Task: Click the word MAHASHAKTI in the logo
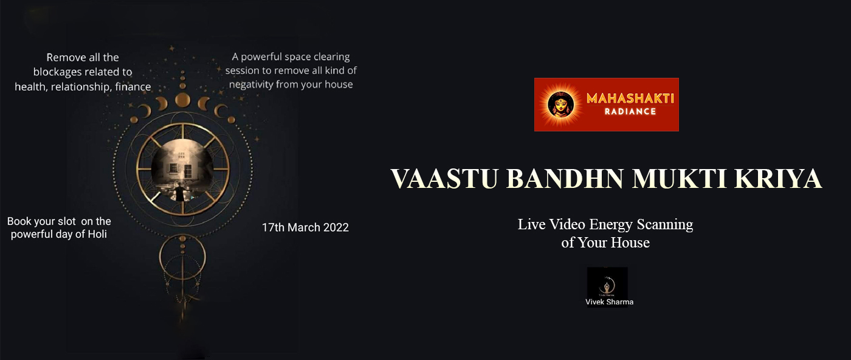630,99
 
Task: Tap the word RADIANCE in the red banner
630,112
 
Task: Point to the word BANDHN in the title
565,179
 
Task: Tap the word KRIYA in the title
777,179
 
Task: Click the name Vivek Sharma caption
609,302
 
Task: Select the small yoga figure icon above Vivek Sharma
607,285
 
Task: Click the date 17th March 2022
305,227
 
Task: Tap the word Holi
97,234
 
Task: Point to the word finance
133,87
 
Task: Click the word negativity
251,85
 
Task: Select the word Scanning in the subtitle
665,224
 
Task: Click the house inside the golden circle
180,166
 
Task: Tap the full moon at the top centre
183,100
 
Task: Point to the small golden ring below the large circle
182,257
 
